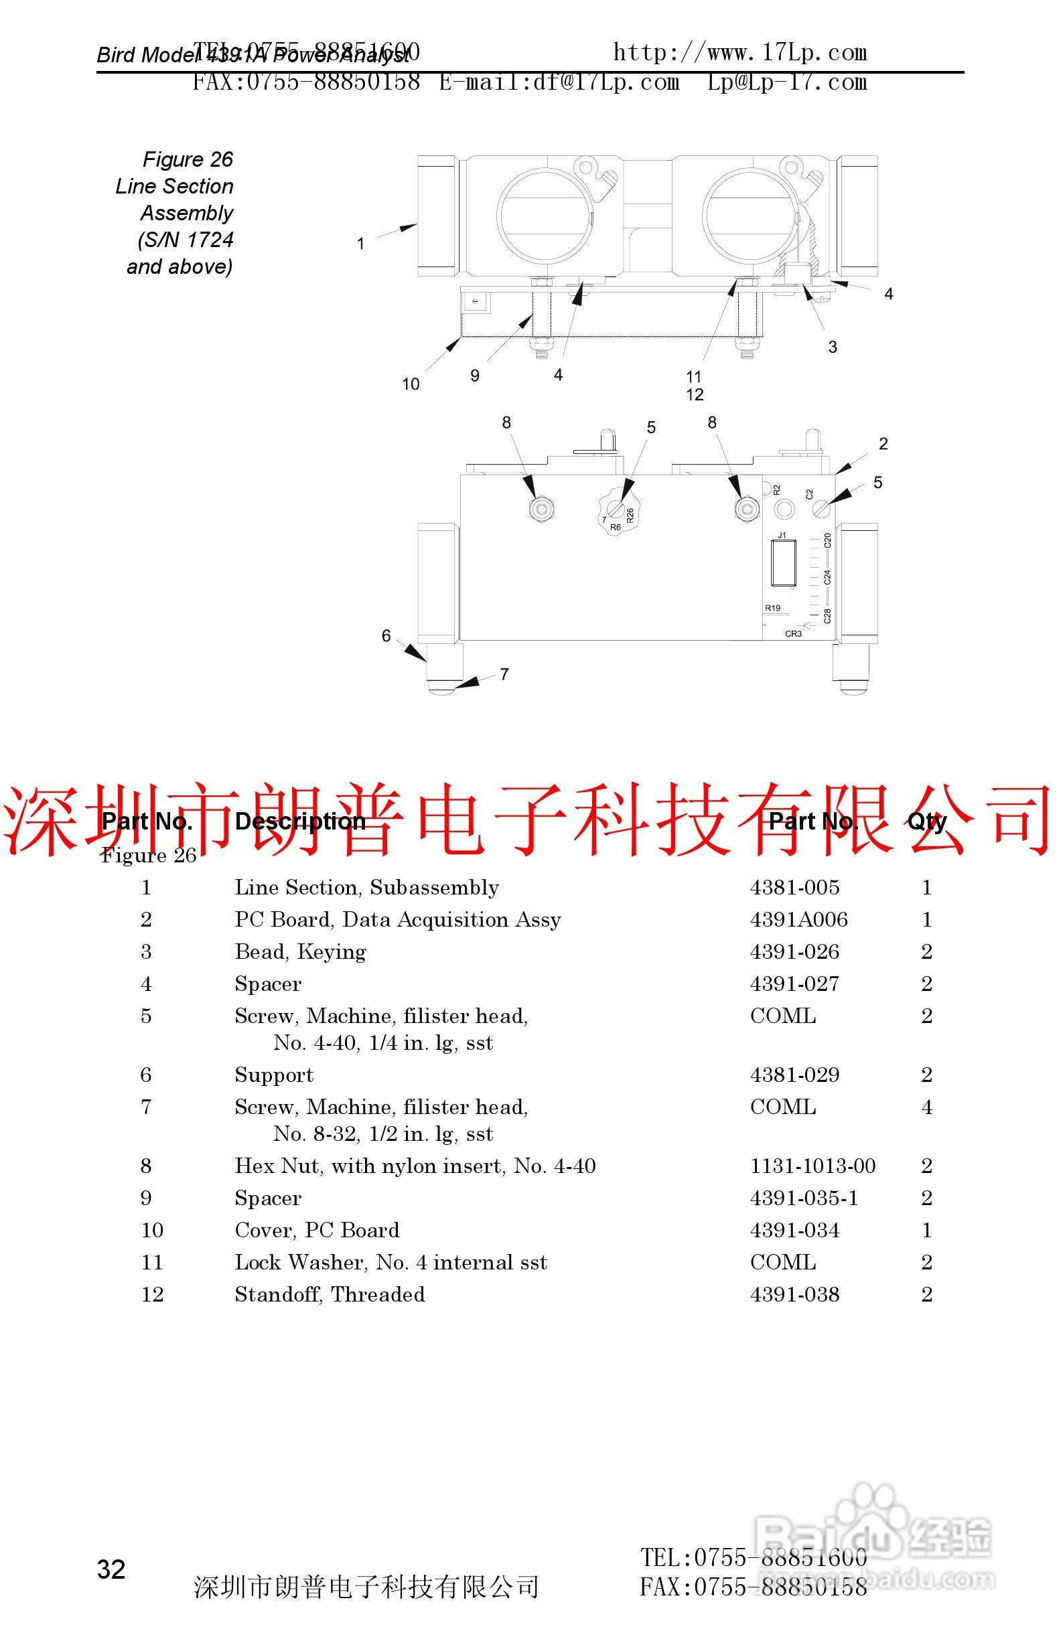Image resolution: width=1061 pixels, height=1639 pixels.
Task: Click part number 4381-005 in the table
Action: point(794,887)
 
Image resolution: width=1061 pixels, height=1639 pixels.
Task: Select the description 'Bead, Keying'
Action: point(300,951)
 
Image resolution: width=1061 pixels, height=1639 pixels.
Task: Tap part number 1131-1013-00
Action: point(812,1166)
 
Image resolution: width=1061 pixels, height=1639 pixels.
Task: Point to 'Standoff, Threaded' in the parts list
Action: point(330,1295)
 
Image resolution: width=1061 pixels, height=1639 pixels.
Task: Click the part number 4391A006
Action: point(798,919)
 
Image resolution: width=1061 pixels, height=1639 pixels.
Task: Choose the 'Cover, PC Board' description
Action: point(317,1230)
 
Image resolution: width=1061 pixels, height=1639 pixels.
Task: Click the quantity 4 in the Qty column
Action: point(926,1107)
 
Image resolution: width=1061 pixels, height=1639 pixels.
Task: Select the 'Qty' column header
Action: point(926,821)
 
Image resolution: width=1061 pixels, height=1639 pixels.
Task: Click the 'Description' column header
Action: point(300,821)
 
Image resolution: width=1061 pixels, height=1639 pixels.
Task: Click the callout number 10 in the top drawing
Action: point(411,384)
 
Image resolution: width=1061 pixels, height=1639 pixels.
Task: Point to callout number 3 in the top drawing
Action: point(833,347)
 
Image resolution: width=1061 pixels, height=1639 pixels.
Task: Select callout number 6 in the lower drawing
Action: point(386,635)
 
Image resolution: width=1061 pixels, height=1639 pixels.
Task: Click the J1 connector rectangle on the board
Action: point(783,562)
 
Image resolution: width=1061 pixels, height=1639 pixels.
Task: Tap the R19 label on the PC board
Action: point(772,608)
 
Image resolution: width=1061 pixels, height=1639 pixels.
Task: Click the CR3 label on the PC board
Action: point(793,633)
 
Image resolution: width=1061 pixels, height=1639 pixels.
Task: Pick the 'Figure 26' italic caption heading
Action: point(188,160)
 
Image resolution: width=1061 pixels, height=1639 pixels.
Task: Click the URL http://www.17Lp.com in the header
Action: point(740,53)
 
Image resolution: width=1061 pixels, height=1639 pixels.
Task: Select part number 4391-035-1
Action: point(804,1198)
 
